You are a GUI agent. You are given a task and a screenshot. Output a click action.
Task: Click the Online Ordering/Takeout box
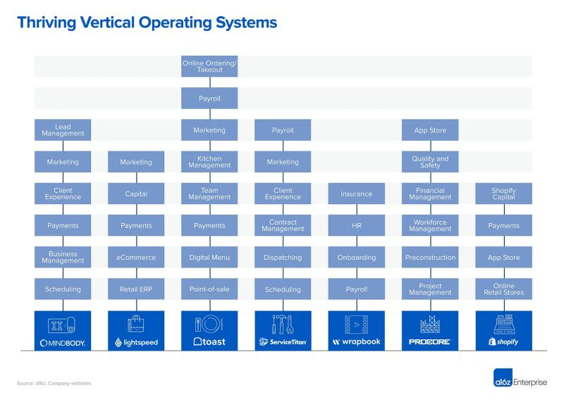[x=209, y=66]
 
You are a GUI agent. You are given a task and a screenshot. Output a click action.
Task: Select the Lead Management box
[x=63, y=130]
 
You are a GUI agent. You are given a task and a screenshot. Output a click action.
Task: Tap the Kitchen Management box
[x=209, y=162]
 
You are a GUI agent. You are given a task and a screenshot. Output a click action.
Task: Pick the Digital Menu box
[x=209, y=258]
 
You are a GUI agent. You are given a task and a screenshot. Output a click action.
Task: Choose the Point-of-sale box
[x=209, y=289]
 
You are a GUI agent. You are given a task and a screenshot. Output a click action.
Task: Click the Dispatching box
[x=283, y=258]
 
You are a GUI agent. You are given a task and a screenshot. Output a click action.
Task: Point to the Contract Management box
[x=283, y=225]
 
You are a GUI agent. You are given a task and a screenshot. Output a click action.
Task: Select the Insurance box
[x=356, y=194]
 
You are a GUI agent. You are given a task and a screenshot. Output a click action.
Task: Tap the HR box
[x=356, y=225]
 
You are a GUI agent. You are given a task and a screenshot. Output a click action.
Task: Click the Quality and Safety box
[x=430, y=162]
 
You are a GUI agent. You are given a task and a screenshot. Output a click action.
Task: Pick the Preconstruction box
[x=430, y=258]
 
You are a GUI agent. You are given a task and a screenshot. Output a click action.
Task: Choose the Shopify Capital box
[x=503, y=194]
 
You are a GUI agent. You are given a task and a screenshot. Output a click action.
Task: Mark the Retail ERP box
[x=136, y=289]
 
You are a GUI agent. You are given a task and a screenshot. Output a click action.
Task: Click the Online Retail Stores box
[x=503, y=289]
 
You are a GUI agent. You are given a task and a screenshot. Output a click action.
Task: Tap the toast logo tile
[x=209, y=330]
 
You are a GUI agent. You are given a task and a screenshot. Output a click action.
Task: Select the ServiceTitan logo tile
[x=283, y=330]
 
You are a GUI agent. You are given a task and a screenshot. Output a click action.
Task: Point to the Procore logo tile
[x=430, y=330]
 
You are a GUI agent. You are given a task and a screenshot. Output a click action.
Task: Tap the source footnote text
[x=54, y=383]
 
